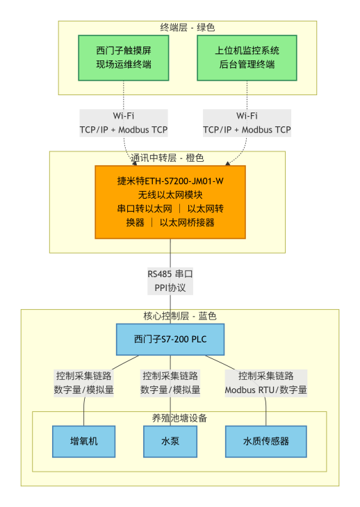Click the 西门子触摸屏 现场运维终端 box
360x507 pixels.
point(124,58)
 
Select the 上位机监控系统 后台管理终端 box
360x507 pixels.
point(247,58)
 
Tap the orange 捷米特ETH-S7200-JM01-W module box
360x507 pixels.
point(170,201)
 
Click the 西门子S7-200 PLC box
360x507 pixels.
point(170,340)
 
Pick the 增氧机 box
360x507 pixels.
point(84,441)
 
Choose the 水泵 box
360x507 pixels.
point(170,441)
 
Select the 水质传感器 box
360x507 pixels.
point(265,441)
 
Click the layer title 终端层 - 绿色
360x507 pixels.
point(188,27)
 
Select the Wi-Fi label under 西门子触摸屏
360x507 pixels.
point(124,116)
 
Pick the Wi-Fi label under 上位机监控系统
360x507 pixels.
point(247,116)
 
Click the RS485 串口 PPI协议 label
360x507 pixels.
point(170,280)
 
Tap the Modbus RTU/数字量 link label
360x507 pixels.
point(265,390)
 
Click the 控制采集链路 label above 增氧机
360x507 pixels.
point(84,376)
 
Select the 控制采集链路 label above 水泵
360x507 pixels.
point(170,376)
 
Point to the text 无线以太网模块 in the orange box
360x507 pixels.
point(170,194)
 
